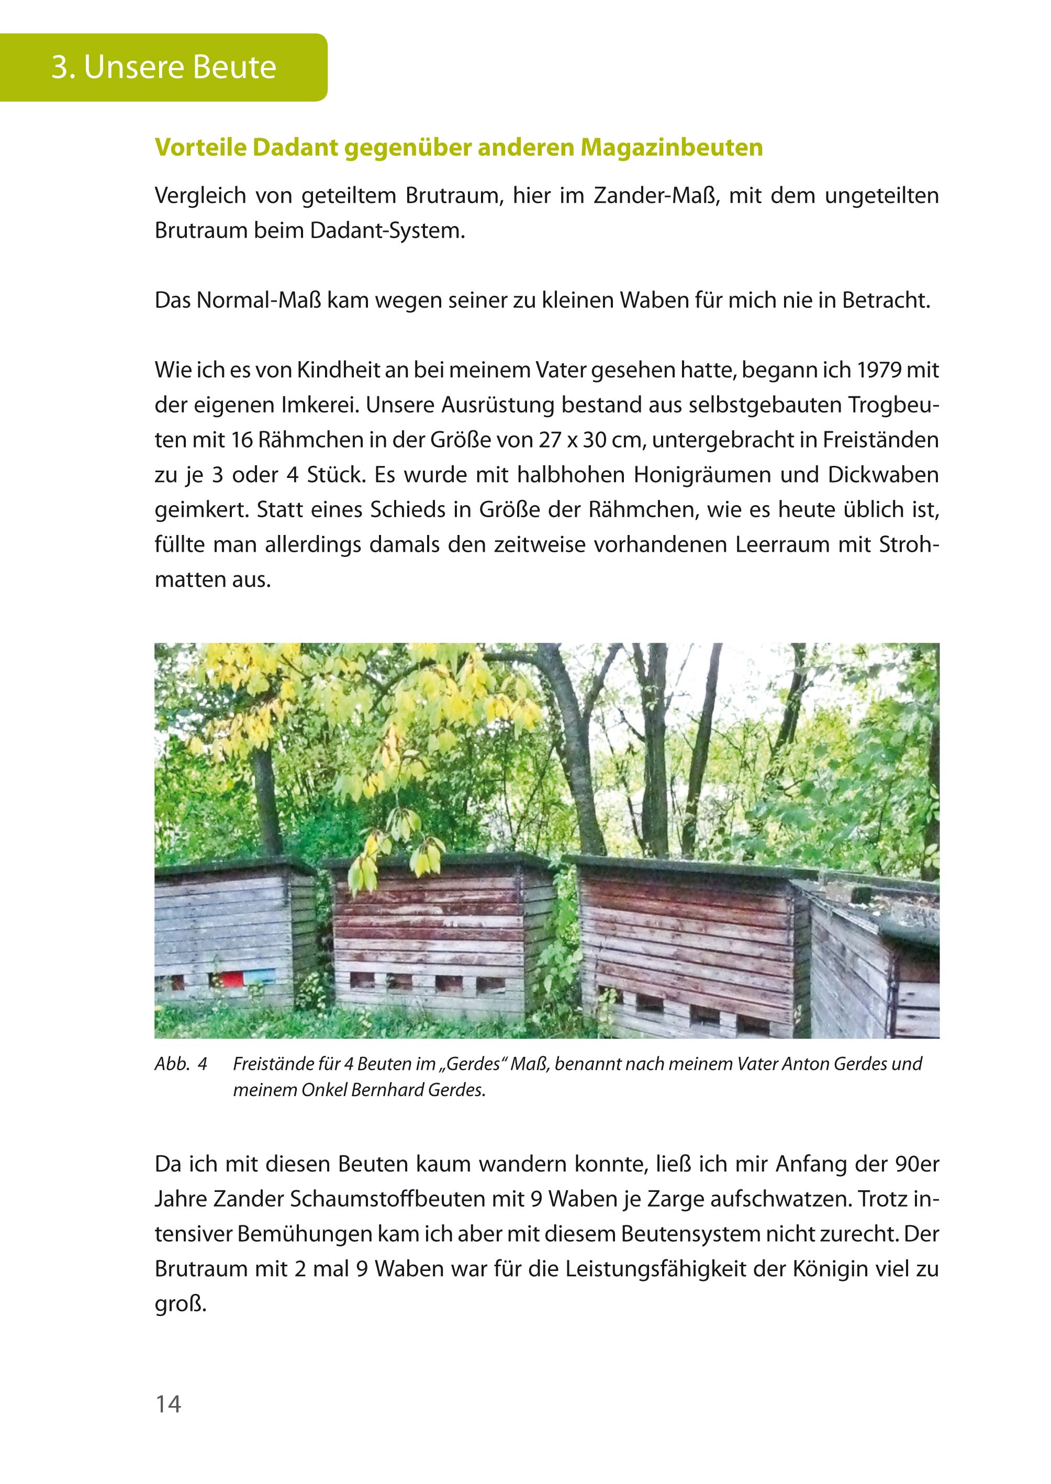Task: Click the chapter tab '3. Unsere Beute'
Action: (164, 68)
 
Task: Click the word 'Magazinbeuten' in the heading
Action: (671, 148)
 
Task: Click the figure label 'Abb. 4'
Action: (181, 1064)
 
